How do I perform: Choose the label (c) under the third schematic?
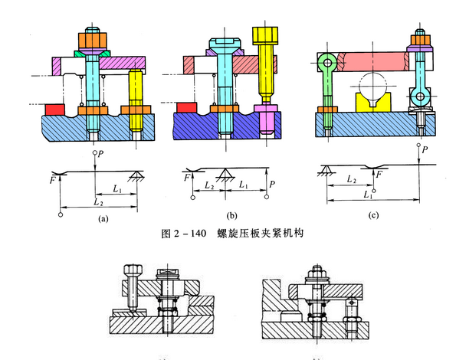click(x=375, y=215)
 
